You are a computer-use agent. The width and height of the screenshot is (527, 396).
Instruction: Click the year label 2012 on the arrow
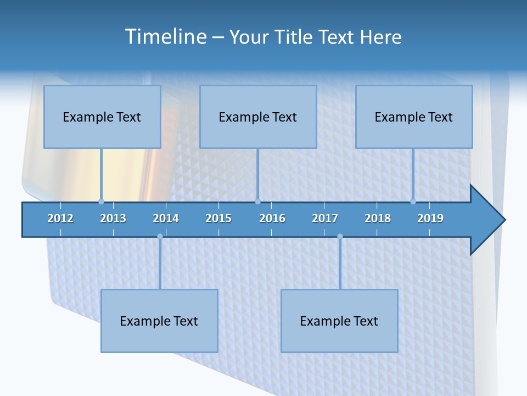[60, 218]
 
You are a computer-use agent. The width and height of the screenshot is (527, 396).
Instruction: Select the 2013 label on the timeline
[113, 218]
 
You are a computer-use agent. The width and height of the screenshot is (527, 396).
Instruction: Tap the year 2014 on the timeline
[166, 218]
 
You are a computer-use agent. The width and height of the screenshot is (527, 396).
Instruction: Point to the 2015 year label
[218, 218]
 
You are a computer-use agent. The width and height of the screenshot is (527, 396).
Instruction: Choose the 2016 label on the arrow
[272, 218]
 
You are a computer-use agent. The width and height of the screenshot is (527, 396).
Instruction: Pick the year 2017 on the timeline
[325, 218]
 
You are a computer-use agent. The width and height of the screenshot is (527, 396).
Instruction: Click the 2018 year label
[378, 218]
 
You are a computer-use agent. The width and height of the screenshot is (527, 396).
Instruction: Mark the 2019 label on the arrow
[430, 218]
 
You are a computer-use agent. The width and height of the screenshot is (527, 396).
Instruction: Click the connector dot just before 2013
[101, 201]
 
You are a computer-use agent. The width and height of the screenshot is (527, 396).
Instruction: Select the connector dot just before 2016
[257, 201]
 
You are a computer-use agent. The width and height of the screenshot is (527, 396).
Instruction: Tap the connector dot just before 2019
[413, 201]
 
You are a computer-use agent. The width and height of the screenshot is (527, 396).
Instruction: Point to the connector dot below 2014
[160, 237]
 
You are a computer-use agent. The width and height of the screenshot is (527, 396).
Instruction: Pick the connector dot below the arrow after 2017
[340, 237]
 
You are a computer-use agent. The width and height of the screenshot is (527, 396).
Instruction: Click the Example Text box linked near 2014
[159, 321]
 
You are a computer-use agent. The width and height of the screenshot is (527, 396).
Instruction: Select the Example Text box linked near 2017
[339, 321]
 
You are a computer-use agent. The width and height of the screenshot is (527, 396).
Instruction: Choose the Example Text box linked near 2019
[414, 117]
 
